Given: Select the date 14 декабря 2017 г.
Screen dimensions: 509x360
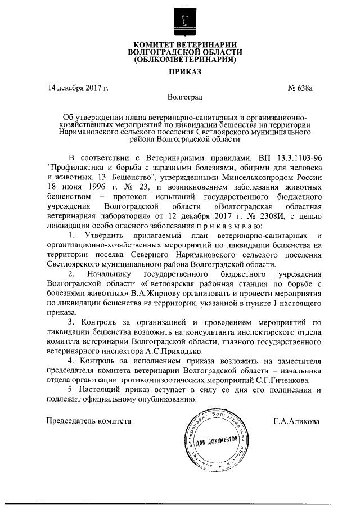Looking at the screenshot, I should click(78, 88).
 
